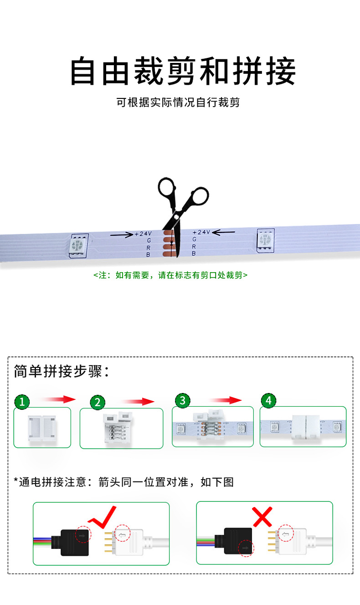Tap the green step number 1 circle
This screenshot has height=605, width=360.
click(x=22, y=402)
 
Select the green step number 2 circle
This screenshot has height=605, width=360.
click(x=98, y=402)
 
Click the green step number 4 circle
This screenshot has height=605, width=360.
click(x=268, y=400)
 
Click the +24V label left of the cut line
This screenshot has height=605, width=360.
click(x=144, y=234)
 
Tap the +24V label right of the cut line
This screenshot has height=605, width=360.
click(x=201, y=232)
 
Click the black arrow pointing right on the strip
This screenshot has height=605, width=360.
click(x=121, y=235)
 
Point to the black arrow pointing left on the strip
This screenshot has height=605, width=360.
click(x=224, y=232)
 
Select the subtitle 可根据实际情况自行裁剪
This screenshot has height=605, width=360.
click(x=178, y=102)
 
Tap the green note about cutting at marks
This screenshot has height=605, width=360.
click(x=170, y=275)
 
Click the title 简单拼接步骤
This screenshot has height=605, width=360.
click(x=62, y=372)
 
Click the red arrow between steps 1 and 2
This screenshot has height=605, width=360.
click(x=57, y=399)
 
